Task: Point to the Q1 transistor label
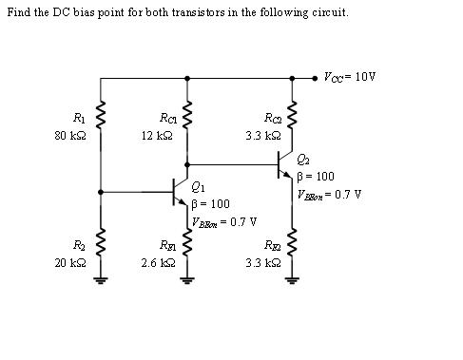pyautogui.click(x=198, y=186)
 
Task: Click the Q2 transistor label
pyautogui.click(x=303, y=159)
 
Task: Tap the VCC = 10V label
pyautogui.click(x=350, y=77)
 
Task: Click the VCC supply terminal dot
pyautogui.click(x=317, y=79)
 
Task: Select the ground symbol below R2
pyautogui.click(x=101, y=279)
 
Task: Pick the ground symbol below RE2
pyautogui.click(x=291, y=279)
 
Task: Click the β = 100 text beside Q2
pyautogui.click(x=316, y=177)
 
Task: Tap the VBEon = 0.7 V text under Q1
pyautogui.click(x=224, y=223)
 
